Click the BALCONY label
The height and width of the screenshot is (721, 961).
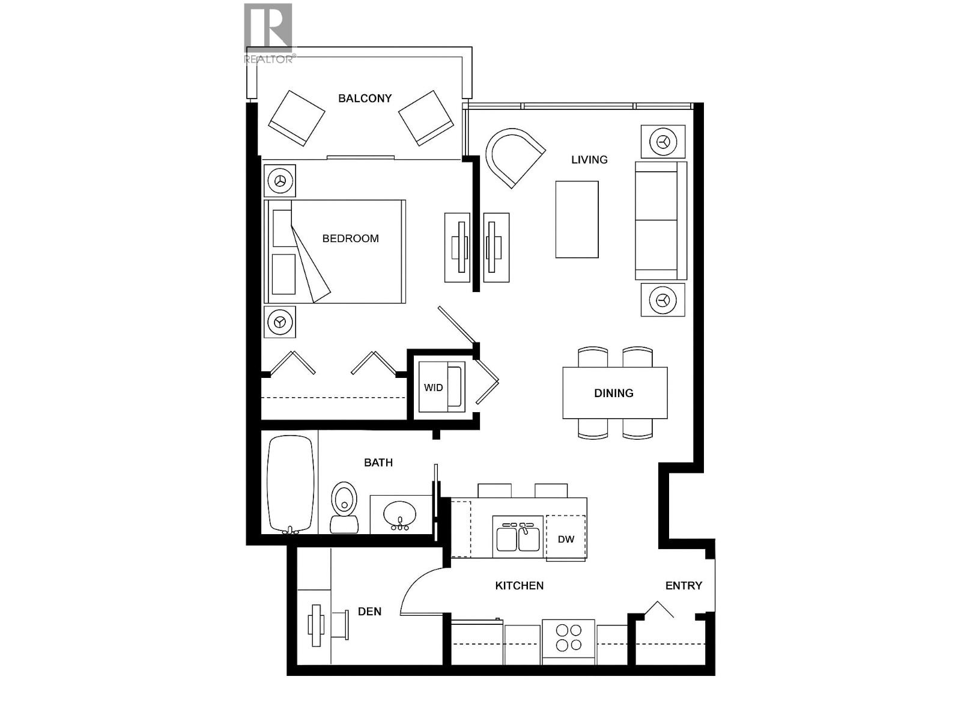[365, 98]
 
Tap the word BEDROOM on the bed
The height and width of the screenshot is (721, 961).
[350, 239]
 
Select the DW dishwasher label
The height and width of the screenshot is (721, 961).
[566, 539]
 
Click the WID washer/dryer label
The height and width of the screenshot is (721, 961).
[433, 388]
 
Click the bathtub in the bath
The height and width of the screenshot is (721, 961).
[291, 484]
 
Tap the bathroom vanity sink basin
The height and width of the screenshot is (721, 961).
[399, 514]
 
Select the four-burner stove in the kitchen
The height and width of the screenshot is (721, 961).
[568, 638]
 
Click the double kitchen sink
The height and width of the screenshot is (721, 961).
[518, 537]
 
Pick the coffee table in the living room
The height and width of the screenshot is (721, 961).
[577, 219]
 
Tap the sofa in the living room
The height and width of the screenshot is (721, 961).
[659, 221]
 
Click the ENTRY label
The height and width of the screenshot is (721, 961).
[684, 586]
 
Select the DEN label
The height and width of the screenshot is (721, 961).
[369, 612]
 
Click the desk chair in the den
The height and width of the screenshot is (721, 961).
[341, 625]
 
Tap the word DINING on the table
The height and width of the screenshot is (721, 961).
[613, 393]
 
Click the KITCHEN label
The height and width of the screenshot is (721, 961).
[519, 586]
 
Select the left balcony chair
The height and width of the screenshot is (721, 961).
[296, 117]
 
